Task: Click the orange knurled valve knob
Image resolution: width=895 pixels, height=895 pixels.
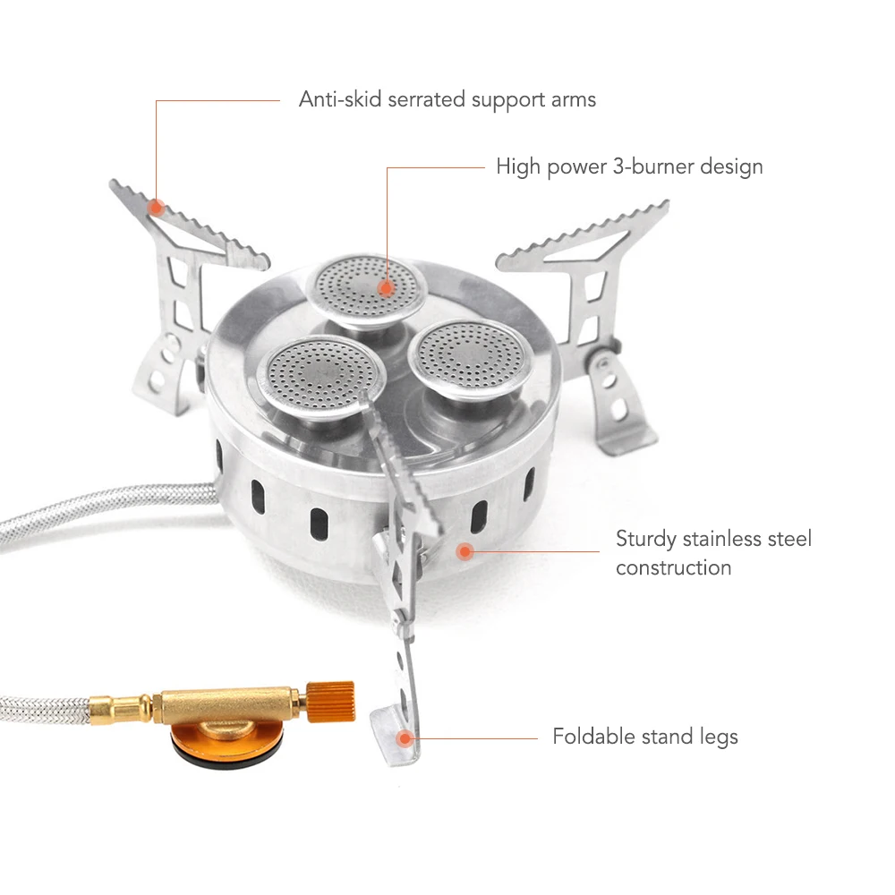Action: tap(331, 701)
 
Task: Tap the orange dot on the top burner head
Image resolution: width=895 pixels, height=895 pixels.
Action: tap(387, 287)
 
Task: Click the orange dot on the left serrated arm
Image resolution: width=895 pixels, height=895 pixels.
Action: tap(157, 207)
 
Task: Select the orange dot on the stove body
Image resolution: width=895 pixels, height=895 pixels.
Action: tap(465, 550)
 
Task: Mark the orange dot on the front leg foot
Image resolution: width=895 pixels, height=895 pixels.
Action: tap(405, 738)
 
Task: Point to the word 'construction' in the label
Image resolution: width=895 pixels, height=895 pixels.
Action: tap(674, 568)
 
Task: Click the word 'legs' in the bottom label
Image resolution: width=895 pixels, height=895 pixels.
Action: tap(719, 737)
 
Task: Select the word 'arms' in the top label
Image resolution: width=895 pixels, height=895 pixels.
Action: tap(573, 100)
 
